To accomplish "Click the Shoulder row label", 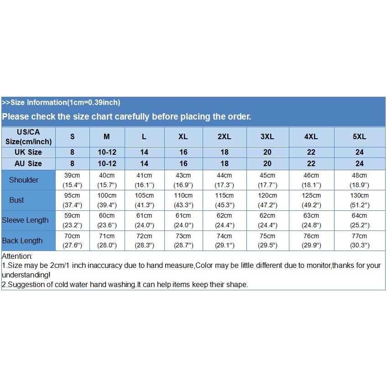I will tap(24, 180).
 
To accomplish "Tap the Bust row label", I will tap(16, 200).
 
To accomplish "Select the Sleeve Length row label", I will tap(25, 220).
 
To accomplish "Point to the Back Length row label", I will tap(22, 241).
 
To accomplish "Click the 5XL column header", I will tap(360, 136).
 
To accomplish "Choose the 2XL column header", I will tap(225, 136).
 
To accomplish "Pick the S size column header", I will tap(73, 136).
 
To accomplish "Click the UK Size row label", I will tap(28, 152).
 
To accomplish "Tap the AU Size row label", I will tap(28, 163).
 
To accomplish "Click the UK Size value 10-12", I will tap(107, 152).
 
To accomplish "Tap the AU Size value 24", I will tap(360, 163).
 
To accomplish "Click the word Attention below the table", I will tap(17, 256).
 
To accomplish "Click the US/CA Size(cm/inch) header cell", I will tap(28, 136).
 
